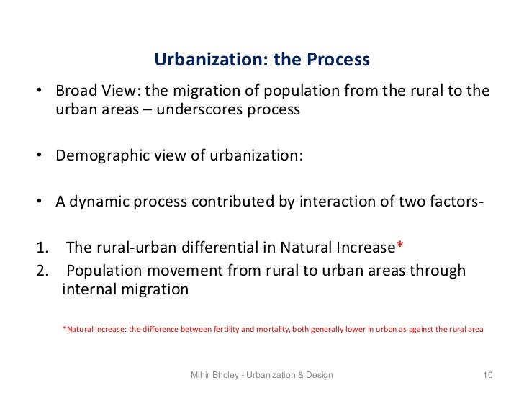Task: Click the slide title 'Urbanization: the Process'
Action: (x=262, y=59)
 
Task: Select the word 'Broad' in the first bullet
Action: (x=76, y=92)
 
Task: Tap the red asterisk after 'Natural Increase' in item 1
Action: (x=400, y=247)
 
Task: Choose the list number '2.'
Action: (x=41, y=271)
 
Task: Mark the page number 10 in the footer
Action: (x=487, y=375)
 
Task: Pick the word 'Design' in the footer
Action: (x=317, y=375)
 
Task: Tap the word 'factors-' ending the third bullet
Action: (x=453, y=202)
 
